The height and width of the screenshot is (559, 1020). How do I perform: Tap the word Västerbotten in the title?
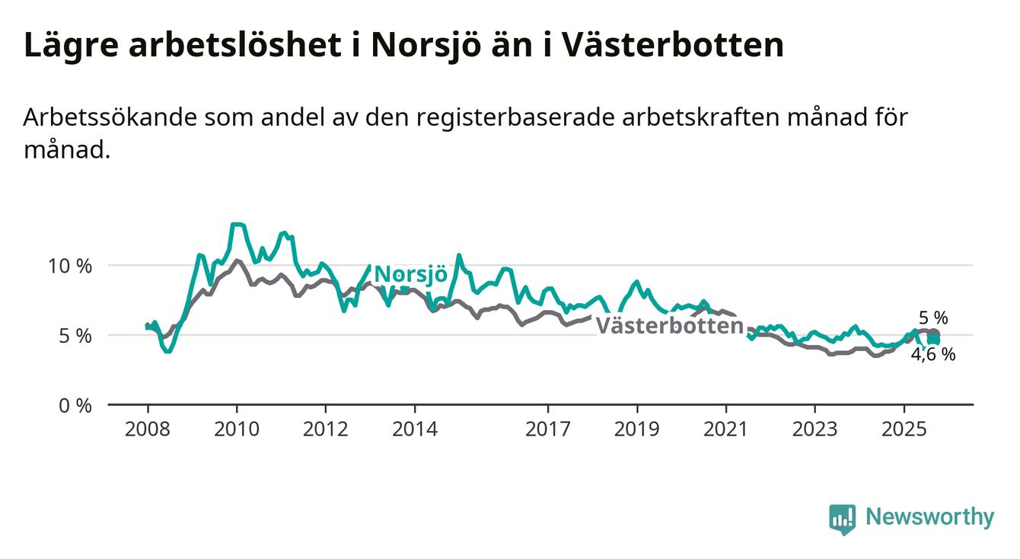(673, 45)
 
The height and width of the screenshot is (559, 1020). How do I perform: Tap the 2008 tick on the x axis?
(147, 430)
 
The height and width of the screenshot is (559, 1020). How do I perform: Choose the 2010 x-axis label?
(236, 430)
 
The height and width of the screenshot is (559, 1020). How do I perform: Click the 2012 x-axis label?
(325, 430)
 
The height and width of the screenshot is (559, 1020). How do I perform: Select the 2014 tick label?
(414, 430)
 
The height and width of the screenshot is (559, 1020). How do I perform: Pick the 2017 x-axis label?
(548, 430)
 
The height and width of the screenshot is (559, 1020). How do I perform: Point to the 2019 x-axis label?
(636, 430)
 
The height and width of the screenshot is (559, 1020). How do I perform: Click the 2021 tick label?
(725, 430)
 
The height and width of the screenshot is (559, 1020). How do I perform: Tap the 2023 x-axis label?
(814, 430)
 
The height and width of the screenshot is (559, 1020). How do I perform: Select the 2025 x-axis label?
(904, 430)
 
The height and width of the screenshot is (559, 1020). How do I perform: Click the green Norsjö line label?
(411, 274)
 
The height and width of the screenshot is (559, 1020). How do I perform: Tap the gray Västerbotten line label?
(668, 326)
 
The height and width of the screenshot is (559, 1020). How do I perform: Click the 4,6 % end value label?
(933, 354)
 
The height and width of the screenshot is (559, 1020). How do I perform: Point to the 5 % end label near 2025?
(932, 318)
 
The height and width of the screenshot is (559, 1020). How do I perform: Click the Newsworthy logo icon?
(843, 519)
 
